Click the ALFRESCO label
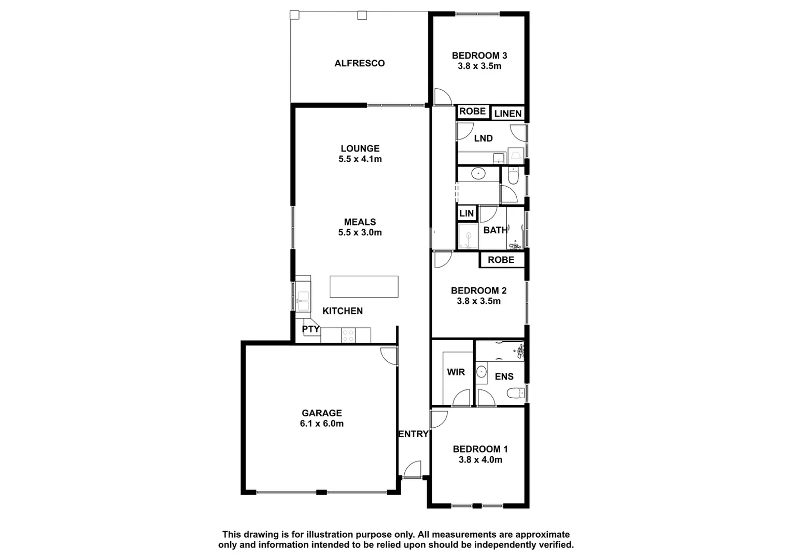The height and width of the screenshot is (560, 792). pos(359,63)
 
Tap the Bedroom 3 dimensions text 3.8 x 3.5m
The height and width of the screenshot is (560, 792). pos(479,66)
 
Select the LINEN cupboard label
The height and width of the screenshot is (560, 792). pos(507,114)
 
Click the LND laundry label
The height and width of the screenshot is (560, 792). pos(483,138)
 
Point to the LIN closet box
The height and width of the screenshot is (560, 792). pos(466,213)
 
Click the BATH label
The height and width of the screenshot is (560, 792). pos(495,230)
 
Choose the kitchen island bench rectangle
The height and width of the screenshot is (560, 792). pos(364,287)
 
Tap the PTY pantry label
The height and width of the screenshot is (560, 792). pos(310,329)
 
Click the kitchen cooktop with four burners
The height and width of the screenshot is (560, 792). pos(348,335)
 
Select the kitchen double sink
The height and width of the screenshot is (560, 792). pos(303,297)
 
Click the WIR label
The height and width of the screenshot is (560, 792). pos(456,372)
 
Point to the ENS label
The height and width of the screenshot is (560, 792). pos(504,377)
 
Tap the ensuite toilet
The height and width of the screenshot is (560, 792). pos(516,393)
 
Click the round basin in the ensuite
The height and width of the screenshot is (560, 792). pos(482,371)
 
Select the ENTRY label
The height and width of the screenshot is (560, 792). pos(413,434)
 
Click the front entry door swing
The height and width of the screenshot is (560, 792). pos(413,469)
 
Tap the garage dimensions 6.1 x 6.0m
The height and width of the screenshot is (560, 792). pos(321,424)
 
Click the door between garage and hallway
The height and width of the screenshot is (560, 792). pos(389,356)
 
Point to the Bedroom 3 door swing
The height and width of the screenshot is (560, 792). pos(442,97)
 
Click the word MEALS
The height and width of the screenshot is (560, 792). pos(360,222)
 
